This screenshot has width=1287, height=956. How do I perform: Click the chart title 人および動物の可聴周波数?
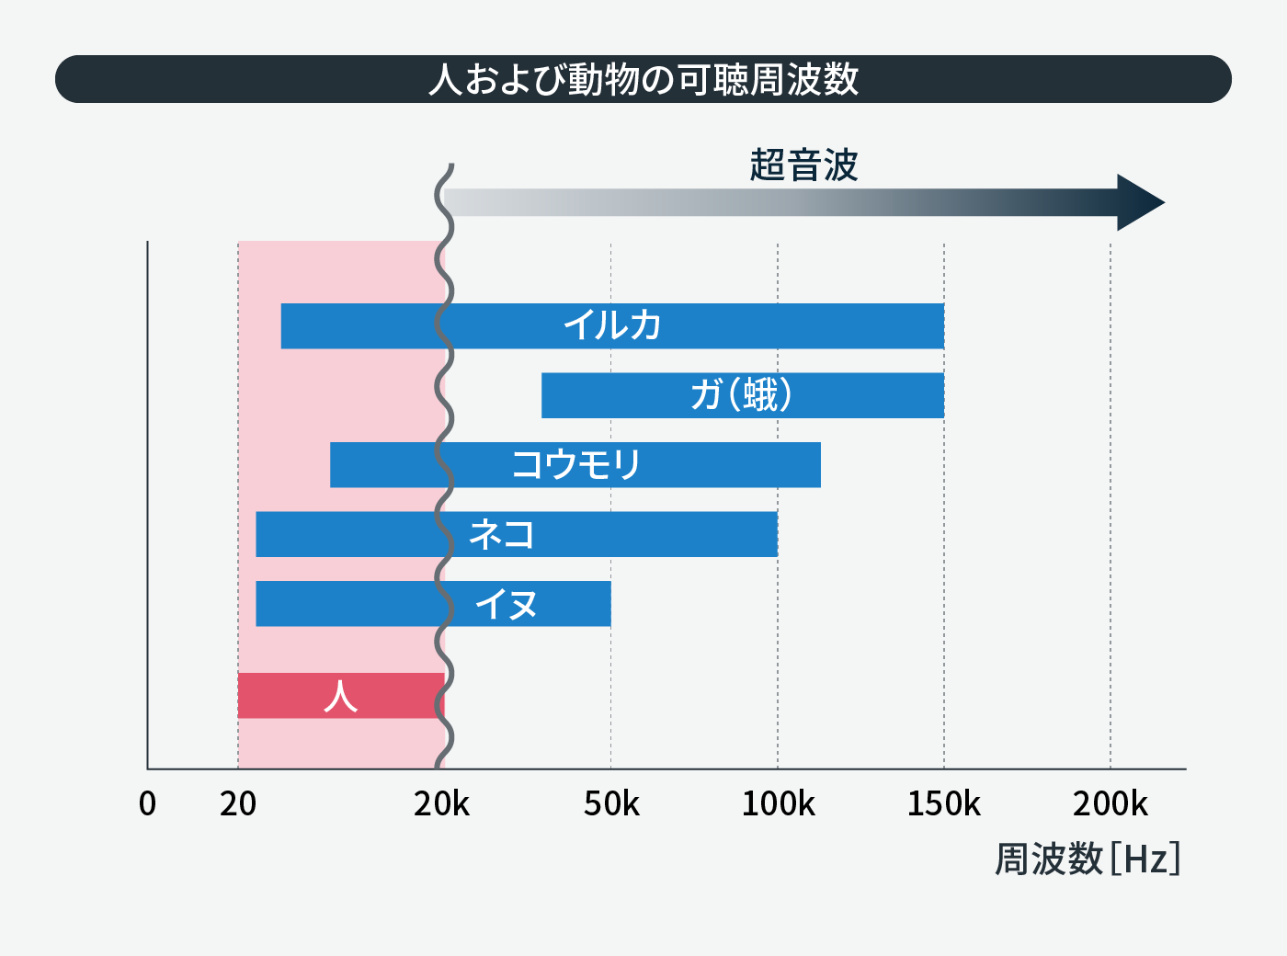643,79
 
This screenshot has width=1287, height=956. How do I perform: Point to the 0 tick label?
147,804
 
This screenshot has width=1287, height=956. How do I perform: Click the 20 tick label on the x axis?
238,804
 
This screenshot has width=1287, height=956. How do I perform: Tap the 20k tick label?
441,804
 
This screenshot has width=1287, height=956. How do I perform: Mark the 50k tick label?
611,804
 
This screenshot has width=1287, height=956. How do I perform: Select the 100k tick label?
778,804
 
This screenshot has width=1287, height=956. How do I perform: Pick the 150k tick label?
944,804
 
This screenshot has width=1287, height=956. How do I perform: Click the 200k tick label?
1110,804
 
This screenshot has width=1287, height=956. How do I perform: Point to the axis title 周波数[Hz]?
1088,859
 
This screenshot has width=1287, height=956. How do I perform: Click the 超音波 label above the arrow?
803,165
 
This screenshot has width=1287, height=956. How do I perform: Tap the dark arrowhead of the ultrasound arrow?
1138,202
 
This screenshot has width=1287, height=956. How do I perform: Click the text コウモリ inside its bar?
576,464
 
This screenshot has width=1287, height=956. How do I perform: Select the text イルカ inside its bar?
612,325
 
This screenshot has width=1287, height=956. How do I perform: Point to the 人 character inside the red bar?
340,696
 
